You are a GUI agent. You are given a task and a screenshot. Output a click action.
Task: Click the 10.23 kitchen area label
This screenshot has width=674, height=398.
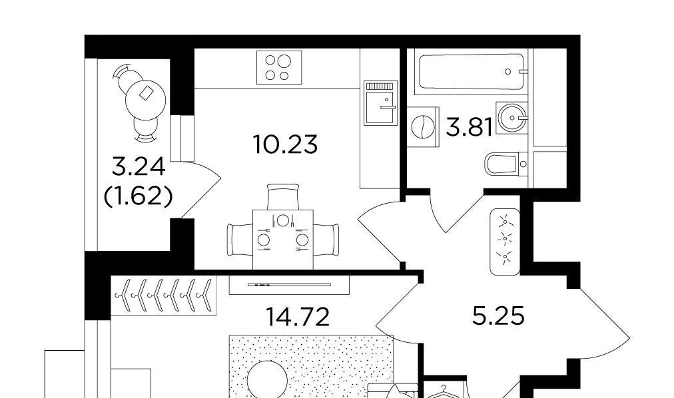pos(286,144)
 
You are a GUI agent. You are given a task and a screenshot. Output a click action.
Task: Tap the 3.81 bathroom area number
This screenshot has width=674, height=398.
pos(470,127)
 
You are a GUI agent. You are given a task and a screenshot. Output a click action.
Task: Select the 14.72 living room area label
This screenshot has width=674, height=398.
pos(298,317)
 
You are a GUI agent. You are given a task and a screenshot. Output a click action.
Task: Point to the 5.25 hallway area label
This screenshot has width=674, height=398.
pos(498,316)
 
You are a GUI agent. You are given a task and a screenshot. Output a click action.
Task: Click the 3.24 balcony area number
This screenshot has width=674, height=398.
pos(139,166)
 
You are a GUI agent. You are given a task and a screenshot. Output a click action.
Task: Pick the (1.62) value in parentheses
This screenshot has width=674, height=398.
pos(139,196)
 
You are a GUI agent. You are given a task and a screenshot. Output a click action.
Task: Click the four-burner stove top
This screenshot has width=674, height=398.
pos(279,67)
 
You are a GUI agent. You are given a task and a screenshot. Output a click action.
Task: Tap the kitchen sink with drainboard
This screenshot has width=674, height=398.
pos(381,102)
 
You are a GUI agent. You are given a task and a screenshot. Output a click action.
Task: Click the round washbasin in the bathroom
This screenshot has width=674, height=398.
pos(511,118)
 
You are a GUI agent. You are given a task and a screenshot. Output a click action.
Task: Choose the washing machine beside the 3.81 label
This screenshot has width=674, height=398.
pos(423,127)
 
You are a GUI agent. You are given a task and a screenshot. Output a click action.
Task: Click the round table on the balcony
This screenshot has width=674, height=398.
pos(145,100)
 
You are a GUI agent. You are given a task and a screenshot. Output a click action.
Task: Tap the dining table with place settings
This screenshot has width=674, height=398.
pos(283,240)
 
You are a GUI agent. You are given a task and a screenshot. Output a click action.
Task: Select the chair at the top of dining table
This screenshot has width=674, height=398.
pos(283,196)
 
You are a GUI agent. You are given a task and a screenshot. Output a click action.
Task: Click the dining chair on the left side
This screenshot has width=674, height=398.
pos(240,240)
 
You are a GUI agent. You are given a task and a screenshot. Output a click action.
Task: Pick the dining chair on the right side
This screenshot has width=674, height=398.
pos(326,240)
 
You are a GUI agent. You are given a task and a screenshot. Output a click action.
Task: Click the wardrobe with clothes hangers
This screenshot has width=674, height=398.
pos(163,296)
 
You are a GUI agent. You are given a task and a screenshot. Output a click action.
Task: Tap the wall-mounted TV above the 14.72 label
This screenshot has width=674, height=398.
pos(289,285)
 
